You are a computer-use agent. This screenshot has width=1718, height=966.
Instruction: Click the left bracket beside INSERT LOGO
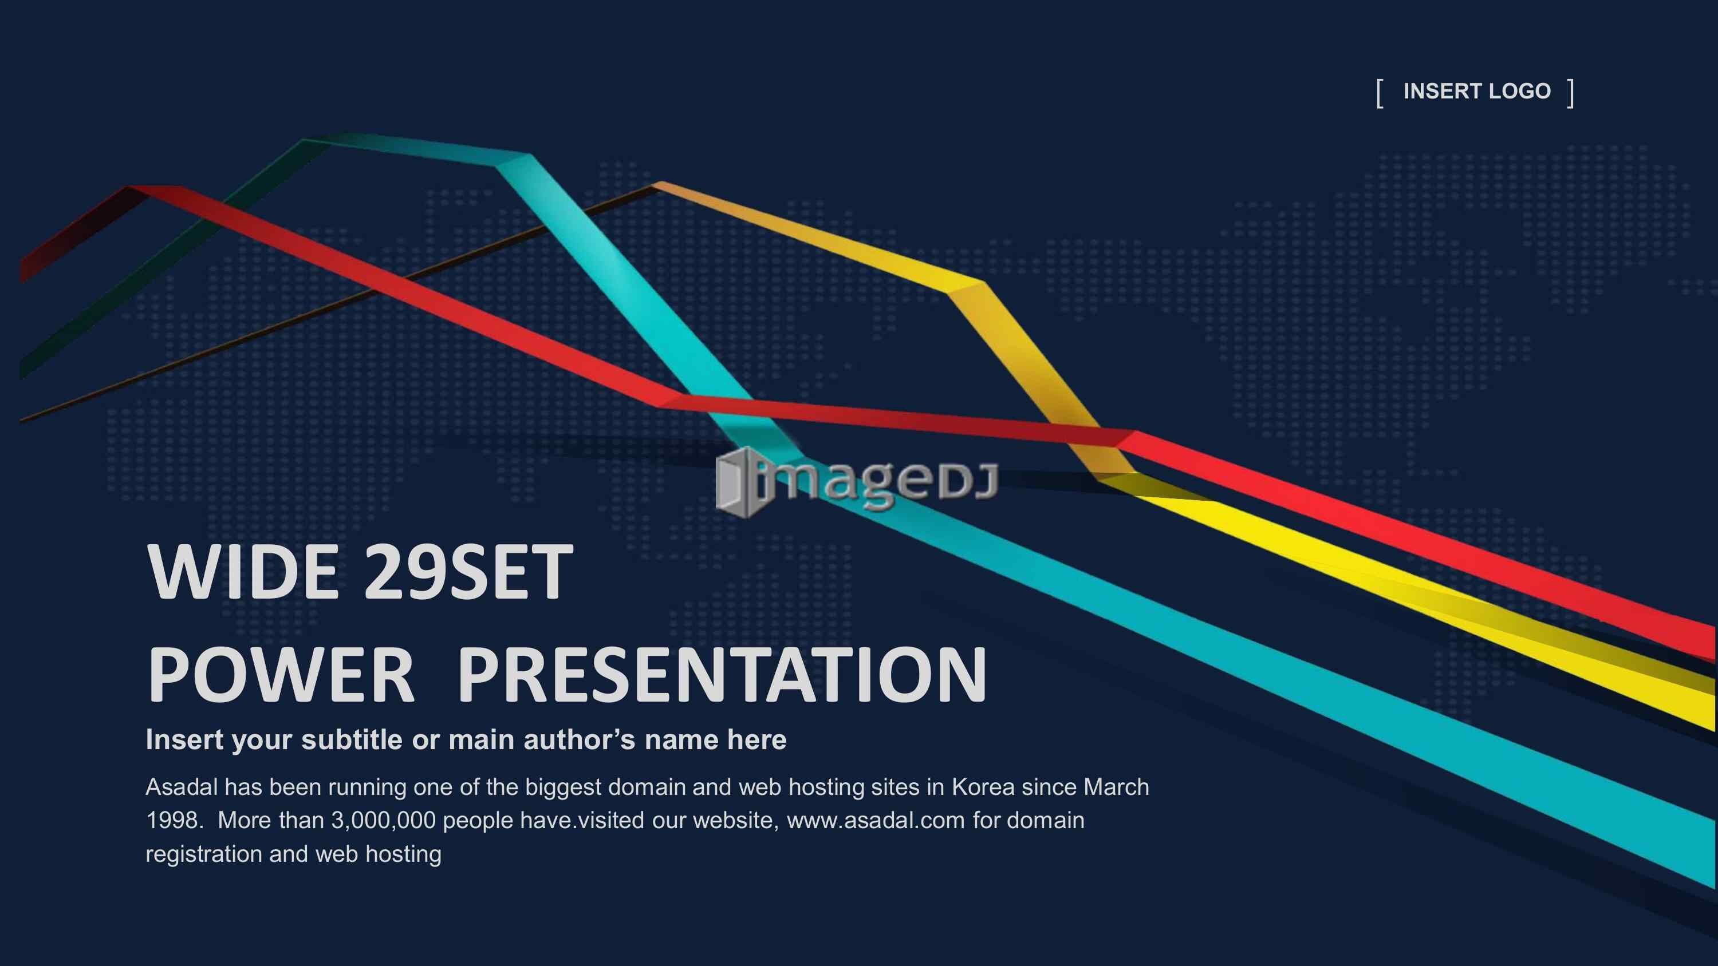point(1379,93)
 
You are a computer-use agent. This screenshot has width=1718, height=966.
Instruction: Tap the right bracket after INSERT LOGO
point(1571,93)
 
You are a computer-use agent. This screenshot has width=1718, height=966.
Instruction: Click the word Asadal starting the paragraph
point(182,787)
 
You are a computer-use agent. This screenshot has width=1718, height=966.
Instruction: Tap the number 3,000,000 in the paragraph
point(384,821)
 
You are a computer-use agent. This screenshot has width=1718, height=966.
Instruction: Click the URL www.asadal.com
point(876,820)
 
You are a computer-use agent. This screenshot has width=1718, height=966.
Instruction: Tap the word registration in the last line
point(203,854)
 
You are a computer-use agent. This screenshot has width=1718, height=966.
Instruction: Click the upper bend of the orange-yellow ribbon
point(966,287)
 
